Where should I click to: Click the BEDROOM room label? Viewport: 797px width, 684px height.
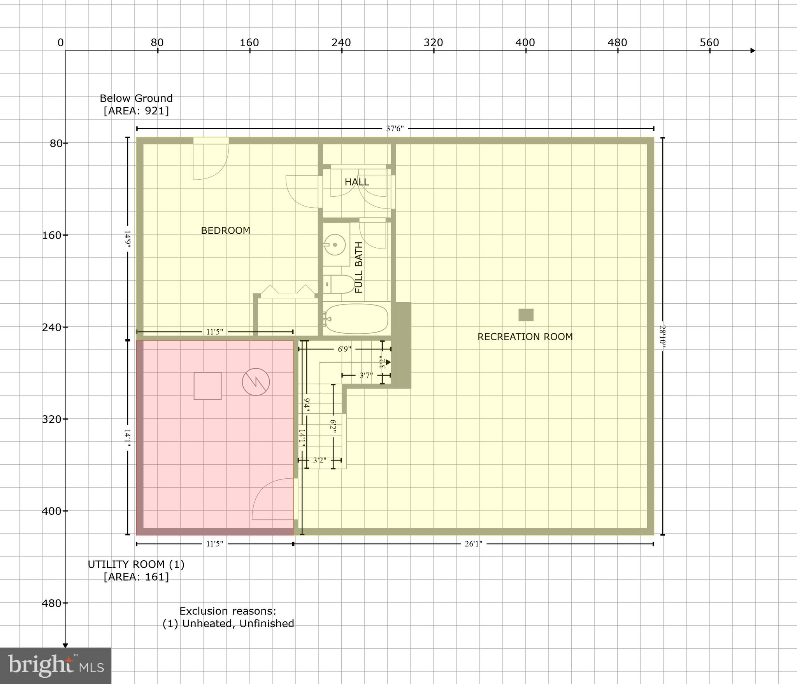tap(225, 231)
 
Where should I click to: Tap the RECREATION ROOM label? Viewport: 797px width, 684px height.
tap(525, 337)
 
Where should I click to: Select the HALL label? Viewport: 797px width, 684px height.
tap(356, 182)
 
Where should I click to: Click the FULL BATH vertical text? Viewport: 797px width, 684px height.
tap(359, 267)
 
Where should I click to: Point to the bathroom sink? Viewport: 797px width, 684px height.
tap(335, 245)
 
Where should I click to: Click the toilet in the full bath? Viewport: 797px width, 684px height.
tap(339, 284)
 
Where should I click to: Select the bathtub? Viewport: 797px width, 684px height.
tap(356, 319)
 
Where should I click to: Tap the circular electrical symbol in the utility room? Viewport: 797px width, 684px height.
tap(256, 382)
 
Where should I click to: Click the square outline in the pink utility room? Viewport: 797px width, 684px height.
tap(208, 386)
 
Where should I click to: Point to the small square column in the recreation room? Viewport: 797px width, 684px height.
tap(526, 315)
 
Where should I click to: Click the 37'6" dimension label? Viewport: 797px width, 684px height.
tap(395, 129)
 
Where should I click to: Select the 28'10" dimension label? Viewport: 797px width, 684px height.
tap(663, 337)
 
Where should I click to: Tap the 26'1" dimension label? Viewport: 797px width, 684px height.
tap(473, 544)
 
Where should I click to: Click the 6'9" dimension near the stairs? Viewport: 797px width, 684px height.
tap(344, 349)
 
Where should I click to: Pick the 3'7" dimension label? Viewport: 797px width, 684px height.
tap(366, 376)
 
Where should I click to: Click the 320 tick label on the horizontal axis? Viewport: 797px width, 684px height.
tap(433, 43)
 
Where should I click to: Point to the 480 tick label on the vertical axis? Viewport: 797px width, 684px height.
tap(52, 603)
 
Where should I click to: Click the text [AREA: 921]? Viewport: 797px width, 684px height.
tap(136, 111)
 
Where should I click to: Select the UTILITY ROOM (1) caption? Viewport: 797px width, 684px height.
tap(136, 564)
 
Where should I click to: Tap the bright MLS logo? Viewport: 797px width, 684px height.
tap(56, 665)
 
